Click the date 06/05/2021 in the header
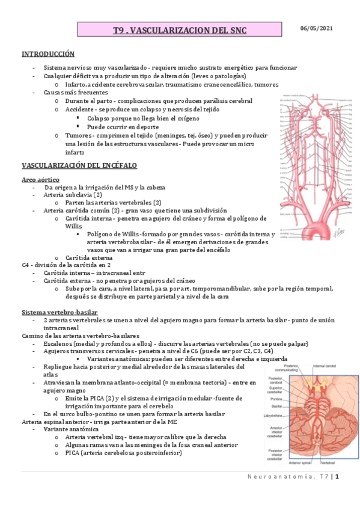click(317, 28)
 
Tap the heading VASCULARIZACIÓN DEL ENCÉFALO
click(79, 165)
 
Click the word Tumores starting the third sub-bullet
click(78, 136)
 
